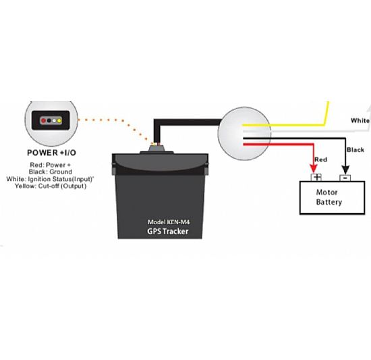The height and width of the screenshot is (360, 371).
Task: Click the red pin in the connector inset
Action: [x=43, y=121]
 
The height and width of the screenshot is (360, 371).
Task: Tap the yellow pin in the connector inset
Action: [x=59, y=121]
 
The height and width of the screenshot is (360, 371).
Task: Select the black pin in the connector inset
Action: [x=49, y=121]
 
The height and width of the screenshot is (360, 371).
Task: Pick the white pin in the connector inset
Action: [x=54, y=121]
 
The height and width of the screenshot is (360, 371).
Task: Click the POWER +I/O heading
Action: [x=51, y=153]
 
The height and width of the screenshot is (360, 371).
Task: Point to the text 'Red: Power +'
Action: [x=50, y=165]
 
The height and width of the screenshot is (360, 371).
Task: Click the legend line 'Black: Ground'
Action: [x=51, y=172]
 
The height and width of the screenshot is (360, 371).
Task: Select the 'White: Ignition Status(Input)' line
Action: [x=50, y=179]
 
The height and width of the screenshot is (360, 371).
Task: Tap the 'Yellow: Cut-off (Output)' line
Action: [x=51, y=186]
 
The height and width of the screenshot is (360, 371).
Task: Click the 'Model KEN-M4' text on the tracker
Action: [x=169, y=222]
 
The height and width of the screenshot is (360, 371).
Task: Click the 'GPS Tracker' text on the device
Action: [x=168, y=231]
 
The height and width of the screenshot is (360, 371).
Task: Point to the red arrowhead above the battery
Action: [x=314, y=169]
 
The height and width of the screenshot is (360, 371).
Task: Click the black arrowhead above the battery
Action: [x=345, y=170]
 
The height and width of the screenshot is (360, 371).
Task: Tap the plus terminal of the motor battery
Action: [x=316, y=178]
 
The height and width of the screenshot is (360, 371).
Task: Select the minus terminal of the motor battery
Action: [x=345, y=178]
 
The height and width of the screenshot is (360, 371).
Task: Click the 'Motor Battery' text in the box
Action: [x=329, y=197]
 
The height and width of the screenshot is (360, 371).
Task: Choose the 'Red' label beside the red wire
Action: [x=321, y=159]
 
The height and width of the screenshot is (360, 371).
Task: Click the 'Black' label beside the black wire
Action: [x=355, y=150]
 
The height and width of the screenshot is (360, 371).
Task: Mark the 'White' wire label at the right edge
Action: [x=360, y=120]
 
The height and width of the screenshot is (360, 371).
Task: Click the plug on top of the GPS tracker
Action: [x=156, y=149]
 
